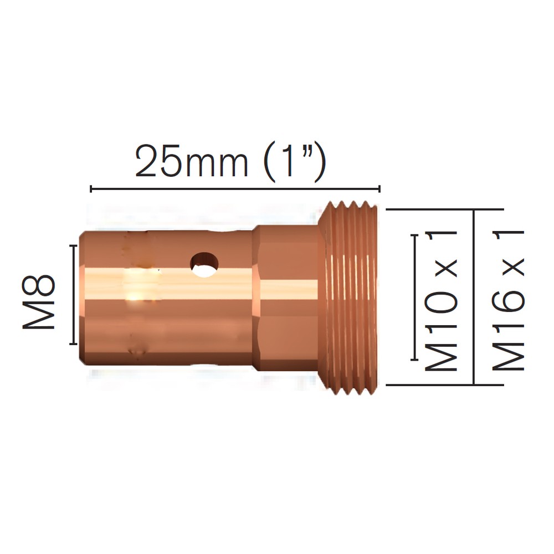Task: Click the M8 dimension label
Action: tap(39, 301)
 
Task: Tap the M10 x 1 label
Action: tap(441, 301)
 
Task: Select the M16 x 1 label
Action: tap(508, 301)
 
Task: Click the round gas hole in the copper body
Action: tap(204, 264)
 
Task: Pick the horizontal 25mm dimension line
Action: tap(235, 189)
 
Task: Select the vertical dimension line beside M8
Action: tap(74, 294)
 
